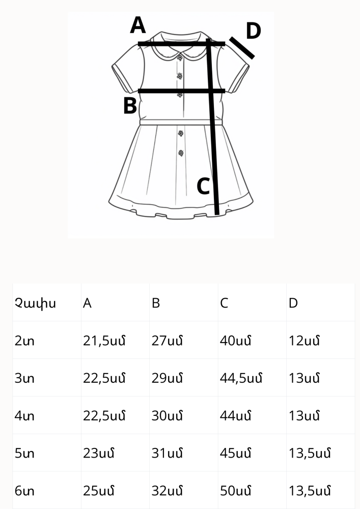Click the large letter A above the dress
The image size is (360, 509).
(137, 25)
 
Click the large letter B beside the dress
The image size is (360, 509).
(130, 106)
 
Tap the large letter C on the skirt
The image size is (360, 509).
(204, 186)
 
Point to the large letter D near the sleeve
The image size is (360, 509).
(254, 31)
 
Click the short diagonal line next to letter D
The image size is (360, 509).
(242, 48)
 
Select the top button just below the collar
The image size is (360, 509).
(180, 58)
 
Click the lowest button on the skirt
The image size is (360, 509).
(181, 153)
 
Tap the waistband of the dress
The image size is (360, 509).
(181, 122)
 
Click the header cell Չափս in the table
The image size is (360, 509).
(35, 303)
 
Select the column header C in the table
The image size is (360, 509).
(224, 303)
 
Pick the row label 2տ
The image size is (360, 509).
(24, 341)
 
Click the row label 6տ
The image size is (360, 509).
(24, 491)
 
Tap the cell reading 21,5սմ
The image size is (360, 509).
(104, 341)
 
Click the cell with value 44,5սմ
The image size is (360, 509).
(241, 378)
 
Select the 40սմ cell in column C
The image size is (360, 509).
(235, 341)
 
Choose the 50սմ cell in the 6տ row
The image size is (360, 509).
(235, 491)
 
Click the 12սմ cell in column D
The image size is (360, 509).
(304, 341)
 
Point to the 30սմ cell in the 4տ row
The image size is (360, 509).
(167, 416)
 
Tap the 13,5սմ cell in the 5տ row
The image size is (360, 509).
(310, 453)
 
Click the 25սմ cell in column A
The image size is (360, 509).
(98, 491)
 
